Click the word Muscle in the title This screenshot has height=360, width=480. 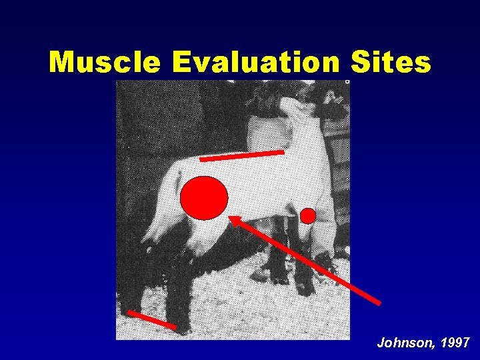105,63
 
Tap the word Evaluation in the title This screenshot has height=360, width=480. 255,63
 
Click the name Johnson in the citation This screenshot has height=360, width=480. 404,343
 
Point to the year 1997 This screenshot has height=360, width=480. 456,343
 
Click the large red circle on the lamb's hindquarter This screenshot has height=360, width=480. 205,198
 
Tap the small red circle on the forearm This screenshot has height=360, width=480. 307,215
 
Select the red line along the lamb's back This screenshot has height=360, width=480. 241,156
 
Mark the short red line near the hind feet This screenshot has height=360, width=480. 151,319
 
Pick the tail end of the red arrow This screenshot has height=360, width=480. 379,303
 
